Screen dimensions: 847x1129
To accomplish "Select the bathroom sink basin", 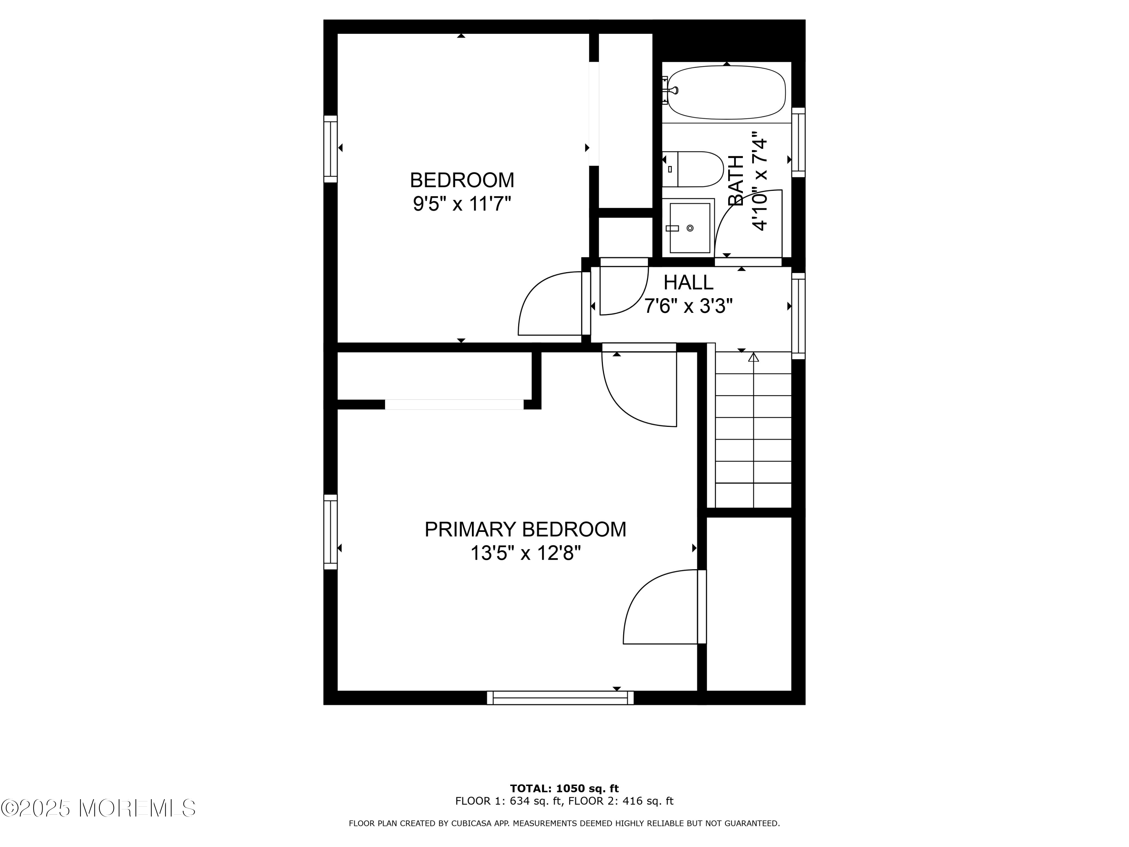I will pyautogui.click(x=689, y=228).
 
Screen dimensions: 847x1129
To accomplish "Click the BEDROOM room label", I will pyautogui.click(x=462, y=180).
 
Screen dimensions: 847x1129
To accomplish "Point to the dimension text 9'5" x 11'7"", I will pyautogui.click(x=462, y=204).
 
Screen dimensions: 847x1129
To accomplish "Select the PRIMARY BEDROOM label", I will pyautogui.click(x=525, y=529).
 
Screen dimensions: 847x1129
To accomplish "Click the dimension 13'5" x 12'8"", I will pyautogui.click(x=525, y=553).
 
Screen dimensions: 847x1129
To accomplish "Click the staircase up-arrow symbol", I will pyautogui.click(x=753, y=357).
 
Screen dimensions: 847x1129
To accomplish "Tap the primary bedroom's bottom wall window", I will pyautogui.click(x=560, y=698).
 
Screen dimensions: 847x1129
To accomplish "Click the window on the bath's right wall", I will pyautogui.click(x=798, y=142).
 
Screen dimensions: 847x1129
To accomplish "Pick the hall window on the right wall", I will pyautogui.click(x=798, y=315).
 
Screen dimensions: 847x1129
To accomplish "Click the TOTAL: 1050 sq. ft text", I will pyautogui.click(x=564, y=789).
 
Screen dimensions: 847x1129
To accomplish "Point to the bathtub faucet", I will pyautogui.click(x=673, y=90).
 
